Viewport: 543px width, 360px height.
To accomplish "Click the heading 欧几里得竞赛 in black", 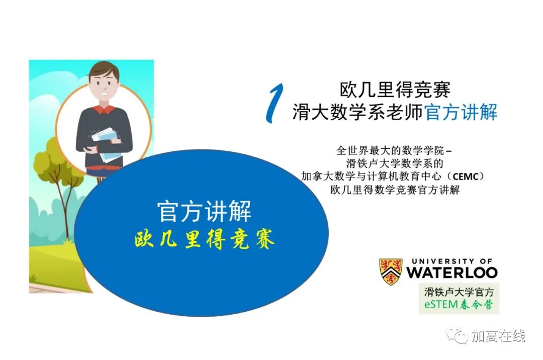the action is (x=395, y=90).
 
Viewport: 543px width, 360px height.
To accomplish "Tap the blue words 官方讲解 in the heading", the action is (x=461, y=112).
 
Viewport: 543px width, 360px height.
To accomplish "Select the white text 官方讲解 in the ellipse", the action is (x=204, y=211).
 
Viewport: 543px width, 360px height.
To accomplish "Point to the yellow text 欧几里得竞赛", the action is (x=205, y=239).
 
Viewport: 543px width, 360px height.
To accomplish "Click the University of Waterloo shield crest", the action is (x=391, y=272).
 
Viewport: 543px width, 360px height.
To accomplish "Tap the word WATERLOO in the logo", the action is (x=452, y=273).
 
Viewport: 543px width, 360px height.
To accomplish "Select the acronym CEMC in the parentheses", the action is (x=466, y=176).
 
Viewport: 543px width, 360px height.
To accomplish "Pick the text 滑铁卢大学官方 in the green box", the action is (x=459, y=292).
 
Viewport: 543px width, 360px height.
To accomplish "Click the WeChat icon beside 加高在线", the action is (x=457, y=335).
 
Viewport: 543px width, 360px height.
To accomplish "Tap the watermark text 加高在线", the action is (x=498, y=336).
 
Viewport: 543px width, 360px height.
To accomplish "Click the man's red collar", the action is (x=104, y=110).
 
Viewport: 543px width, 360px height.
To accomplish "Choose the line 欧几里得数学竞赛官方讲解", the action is (x=395, y=190).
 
